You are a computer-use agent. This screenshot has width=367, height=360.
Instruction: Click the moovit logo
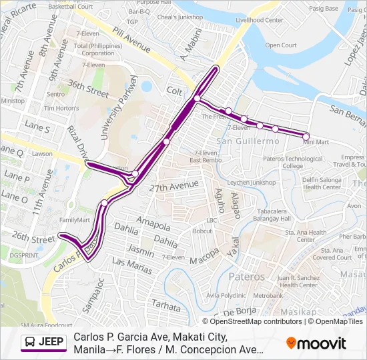coord(316,343)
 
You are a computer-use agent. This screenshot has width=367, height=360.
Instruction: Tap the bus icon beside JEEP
coord(31,343)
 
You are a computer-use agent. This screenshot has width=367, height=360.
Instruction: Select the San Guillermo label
coord(248,141)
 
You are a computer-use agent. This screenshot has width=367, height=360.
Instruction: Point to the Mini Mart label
coord(316,142)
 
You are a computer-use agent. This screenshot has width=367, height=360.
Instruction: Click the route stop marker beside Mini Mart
coord(306,136)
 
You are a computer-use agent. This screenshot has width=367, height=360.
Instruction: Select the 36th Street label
coord(88,89)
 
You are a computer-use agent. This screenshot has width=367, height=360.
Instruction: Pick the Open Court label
coord(281,45)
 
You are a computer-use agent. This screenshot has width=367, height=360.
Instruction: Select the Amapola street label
coord(149,221)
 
